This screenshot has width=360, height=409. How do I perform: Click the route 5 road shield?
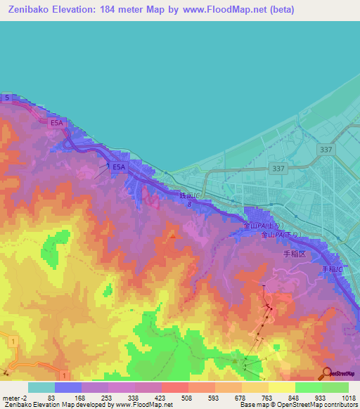[7, 98]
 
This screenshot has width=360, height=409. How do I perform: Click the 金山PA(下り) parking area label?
[281, 235]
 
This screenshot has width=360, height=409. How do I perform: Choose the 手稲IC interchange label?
[333, 269]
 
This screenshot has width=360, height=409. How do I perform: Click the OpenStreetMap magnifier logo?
[328, 374]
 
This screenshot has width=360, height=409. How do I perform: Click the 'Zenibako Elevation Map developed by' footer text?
[56, 405]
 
